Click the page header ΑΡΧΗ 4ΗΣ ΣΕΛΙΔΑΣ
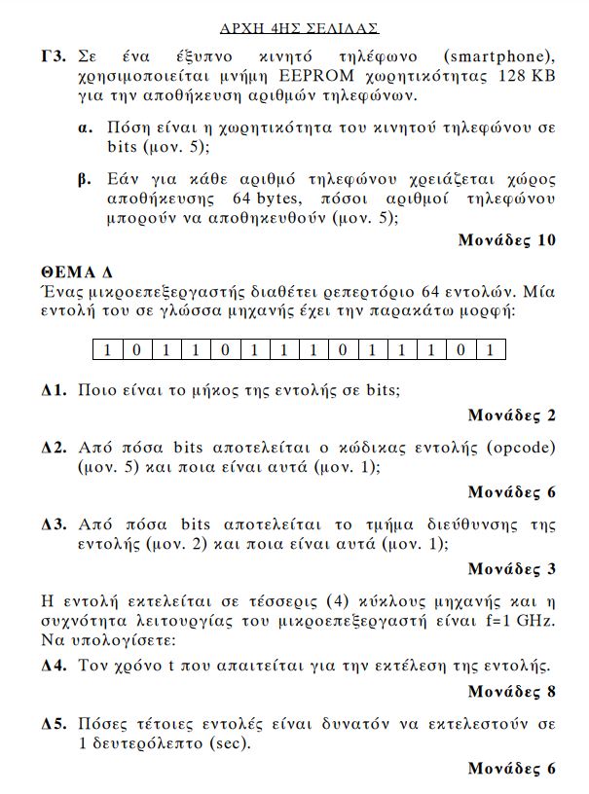pos(299,28)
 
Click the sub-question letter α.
pos(85,128)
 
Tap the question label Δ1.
pos(54,390)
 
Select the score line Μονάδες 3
pos(512,568)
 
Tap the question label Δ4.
pos(54,667)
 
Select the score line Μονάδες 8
pos(512,692)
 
